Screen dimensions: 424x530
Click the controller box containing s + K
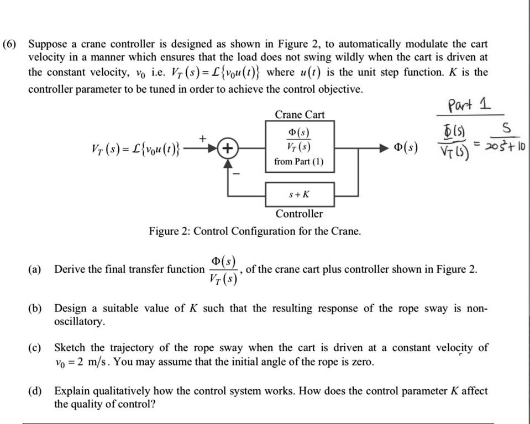point(299,194)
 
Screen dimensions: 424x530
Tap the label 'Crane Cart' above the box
point(299,115)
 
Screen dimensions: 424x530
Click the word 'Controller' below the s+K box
point(299,213)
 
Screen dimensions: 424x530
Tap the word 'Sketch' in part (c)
point(70,348)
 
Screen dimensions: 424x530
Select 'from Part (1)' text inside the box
point(299,162)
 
